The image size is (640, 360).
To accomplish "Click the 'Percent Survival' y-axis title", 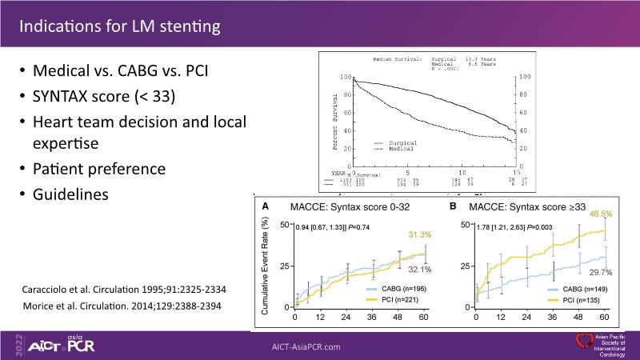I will (335, 122).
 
